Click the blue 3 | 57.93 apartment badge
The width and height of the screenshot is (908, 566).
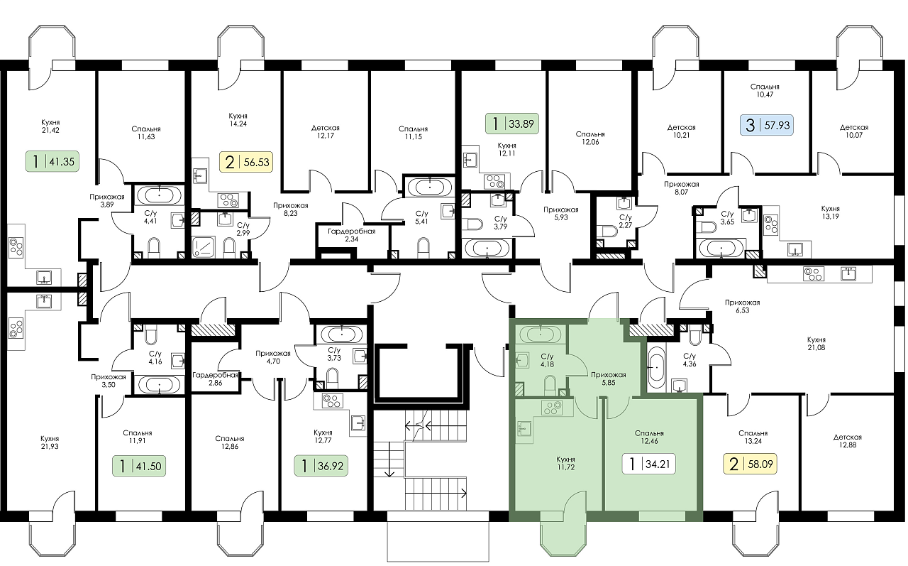click(767, 125)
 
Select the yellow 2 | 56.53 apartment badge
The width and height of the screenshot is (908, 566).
click(246, 162)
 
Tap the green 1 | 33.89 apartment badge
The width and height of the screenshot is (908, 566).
click(512, 124)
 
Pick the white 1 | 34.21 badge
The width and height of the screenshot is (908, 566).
click(648, 464)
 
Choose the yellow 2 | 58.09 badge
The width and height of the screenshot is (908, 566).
click(751, 464)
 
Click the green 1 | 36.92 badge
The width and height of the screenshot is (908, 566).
click(321, 466)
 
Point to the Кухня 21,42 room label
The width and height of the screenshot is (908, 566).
click(50, 126)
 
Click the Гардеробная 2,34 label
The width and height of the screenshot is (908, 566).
click(351, 235)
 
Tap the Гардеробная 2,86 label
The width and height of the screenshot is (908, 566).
click(215, 379)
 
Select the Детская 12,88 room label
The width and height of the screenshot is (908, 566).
click(848, 441)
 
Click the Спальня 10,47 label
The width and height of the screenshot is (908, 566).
click(765, 90)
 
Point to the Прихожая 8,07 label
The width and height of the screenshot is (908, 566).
click(682, 188)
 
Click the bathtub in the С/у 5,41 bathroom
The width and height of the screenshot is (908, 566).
click(430, 187)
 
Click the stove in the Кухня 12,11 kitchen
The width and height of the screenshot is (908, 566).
click(495, 181)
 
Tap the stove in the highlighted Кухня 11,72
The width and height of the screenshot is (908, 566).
click(552, 408)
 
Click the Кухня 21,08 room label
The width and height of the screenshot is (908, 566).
click(816, 344)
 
